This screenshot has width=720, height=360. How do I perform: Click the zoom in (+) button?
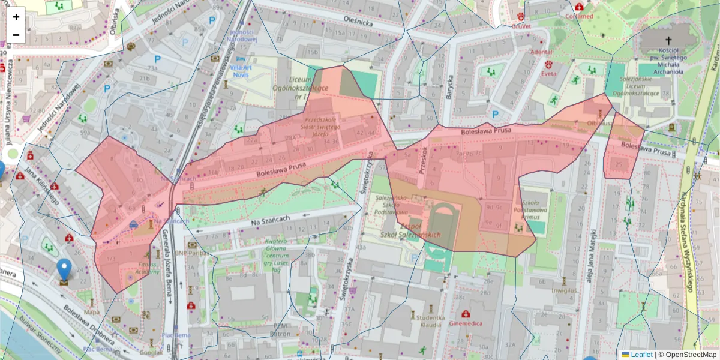tap(16, 17)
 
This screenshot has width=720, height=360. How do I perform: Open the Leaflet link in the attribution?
tap(641, 355)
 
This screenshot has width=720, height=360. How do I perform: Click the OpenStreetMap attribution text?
tap(687, 355)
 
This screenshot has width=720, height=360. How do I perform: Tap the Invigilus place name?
tap(564, 290)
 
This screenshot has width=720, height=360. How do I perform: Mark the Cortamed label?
tap(579, 16)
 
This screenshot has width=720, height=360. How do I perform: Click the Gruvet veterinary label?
tap(521, 26)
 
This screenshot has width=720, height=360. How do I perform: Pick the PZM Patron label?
tap(280, 329)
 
